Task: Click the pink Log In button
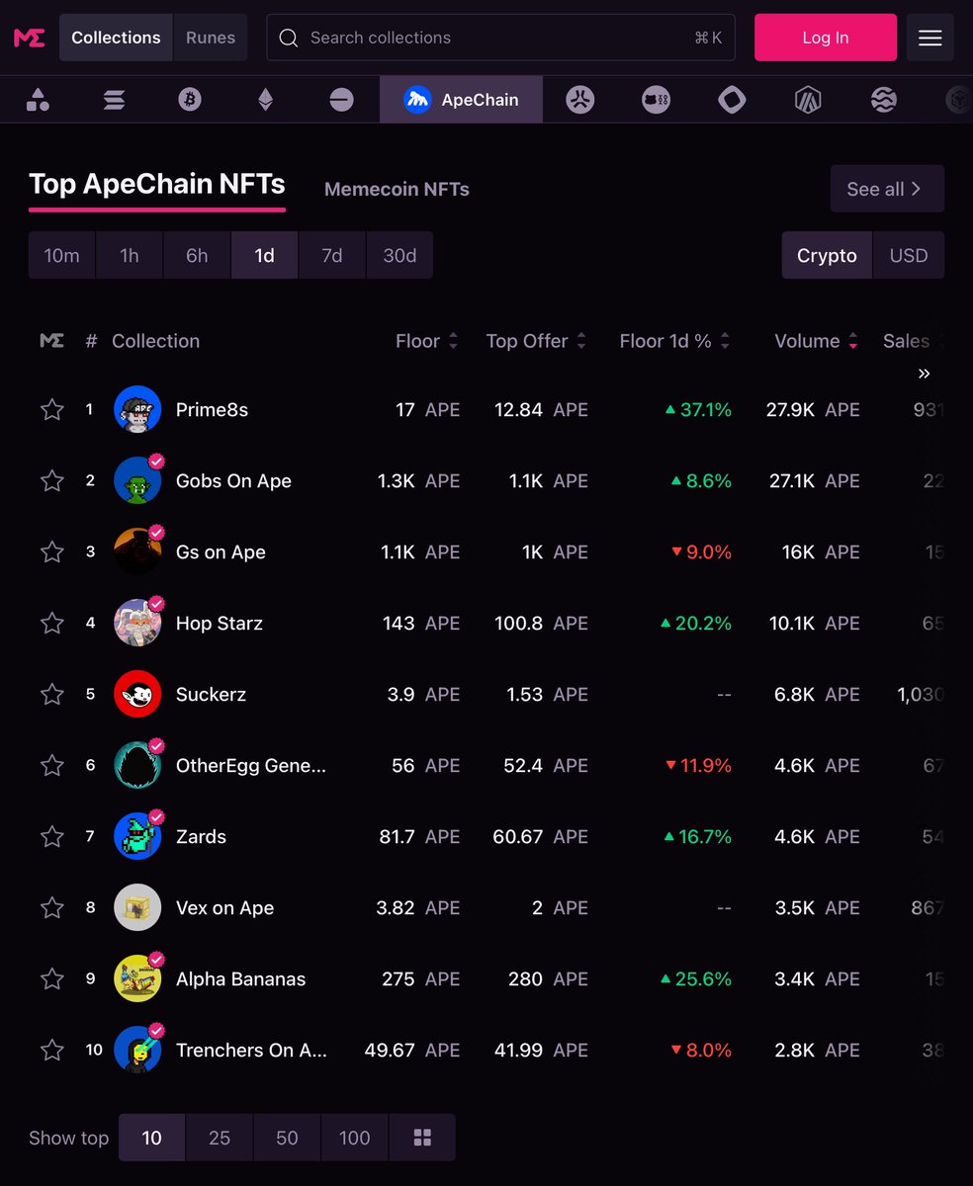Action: point(825,38)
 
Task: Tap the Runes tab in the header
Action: point(211,38)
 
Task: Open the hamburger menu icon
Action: point(929,38)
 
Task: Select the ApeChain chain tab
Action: point(461,100)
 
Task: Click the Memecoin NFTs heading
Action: point(397,189)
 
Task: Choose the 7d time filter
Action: point(332,255)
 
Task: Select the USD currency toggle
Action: point(908,255)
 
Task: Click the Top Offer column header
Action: point(527,341)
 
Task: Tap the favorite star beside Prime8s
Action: point(52,409)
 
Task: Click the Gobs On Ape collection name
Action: point(233,481)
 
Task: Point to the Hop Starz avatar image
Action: point(137,623)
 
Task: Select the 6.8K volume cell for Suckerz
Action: point(794,695)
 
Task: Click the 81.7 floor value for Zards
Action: point(397,837)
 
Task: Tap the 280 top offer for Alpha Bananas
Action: point(525,979)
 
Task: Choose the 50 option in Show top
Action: point(287,1138)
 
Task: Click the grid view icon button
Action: point(422,1138)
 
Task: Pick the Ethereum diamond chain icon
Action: point(265,100)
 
